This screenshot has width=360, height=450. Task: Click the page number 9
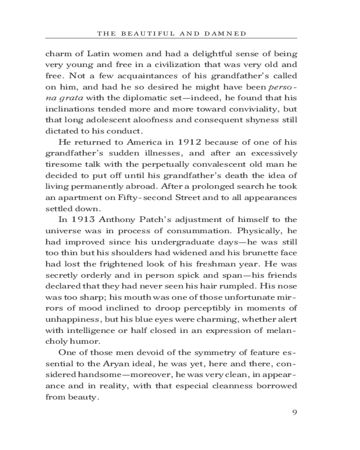pyautogui.click(x=295, y=413)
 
